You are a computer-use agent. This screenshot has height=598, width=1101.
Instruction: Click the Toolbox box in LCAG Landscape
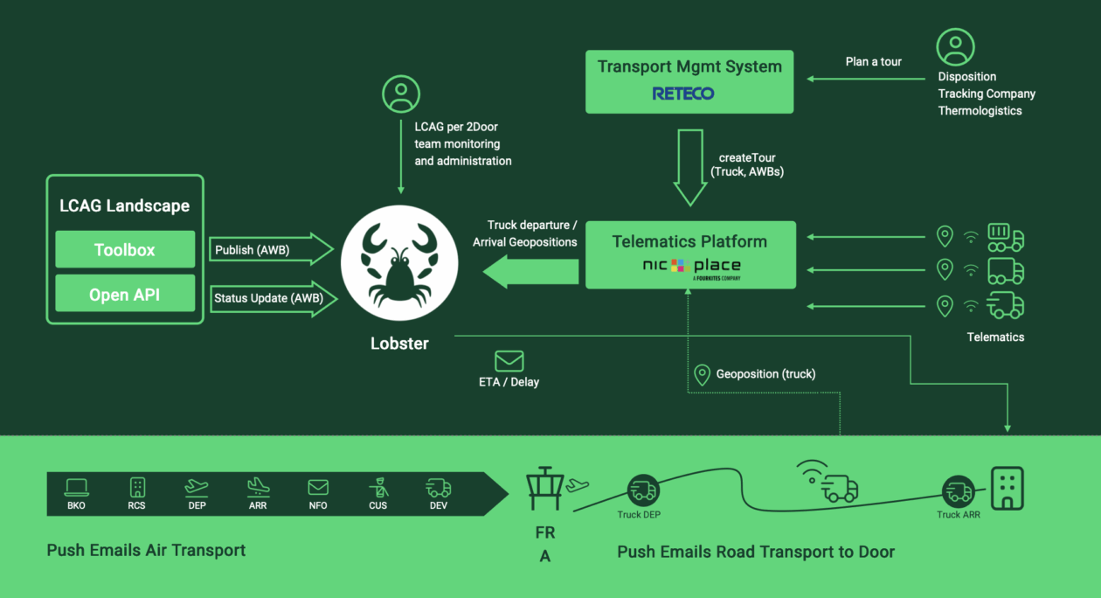pyautogui.click(x=125, y=250)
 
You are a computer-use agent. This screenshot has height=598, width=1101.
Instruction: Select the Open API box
pyautogui.click(x=125, y=295)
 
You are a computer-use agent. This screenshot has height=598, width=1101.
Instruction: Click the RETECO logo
pyautogui.click(x=683, y=94)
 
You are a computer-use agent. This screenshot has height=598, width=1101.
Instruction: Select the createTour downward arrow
pyautogui.click(x=689, y=166)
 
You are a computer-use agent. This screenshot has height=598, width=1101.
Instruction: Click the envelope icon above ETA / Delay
pyautogui.click(x=509, y=360)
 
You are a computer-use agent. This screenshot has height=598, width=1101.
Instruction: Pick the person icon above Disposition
pyautogui.click(x=955, y=47)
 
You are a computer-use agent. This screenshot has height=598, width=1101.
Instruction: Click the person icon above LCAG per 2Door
pyautogui.click(x=401, y=94)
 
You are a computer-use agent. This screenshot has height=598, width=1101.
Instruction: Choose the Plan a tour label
pyautogui.click(x=873, y=62)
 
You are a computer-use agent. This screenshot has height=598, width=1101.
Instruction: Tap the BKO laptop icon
pyautogui.click(x=76, y=487)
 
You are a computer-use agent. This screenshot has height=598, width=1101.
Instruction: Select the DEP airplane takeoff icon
pyautogui.click(x=197, y=487)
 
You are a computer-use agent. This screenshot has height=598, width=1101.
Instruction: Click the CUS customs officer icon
pyautogui.click(x=377, y=487)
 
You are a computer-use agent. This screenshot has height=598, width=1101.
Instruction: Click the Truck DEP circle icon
pyautogui.click(x=643, y=490)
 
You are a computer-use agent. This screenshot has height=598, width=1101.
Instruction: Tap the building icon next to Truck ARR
pyautogui.click(x=1006, y=488)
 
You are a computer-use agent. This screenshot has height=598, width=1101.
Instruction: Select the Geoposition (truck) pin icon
pyautogui.click(x=702, y=374)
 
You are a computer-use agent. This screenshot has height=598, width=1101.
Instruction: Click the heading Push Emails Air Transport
pyautogui.click(x=146, y=550)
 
